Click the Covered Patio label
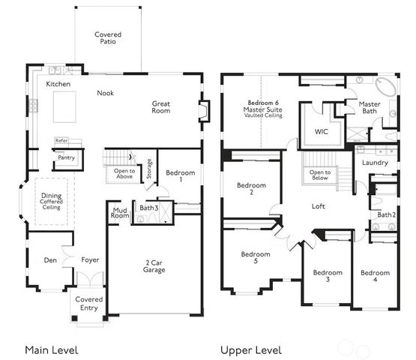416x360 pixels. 108,39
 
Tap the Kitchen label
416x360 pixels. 58,85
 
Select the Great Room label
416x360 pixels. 161,107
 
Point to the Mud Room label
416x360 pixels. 119,212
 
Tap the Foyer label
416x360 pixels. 90,260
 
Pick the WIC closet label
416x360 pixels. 321,132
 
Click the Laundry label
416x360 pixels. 374,162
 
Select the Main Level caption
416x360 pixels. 51,349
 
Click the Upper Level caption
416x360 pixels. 251,349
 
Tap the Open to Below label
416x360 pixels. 320,176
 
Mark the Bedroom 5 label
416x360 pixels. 255,258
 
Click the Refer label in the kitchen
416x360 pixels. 61,140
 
